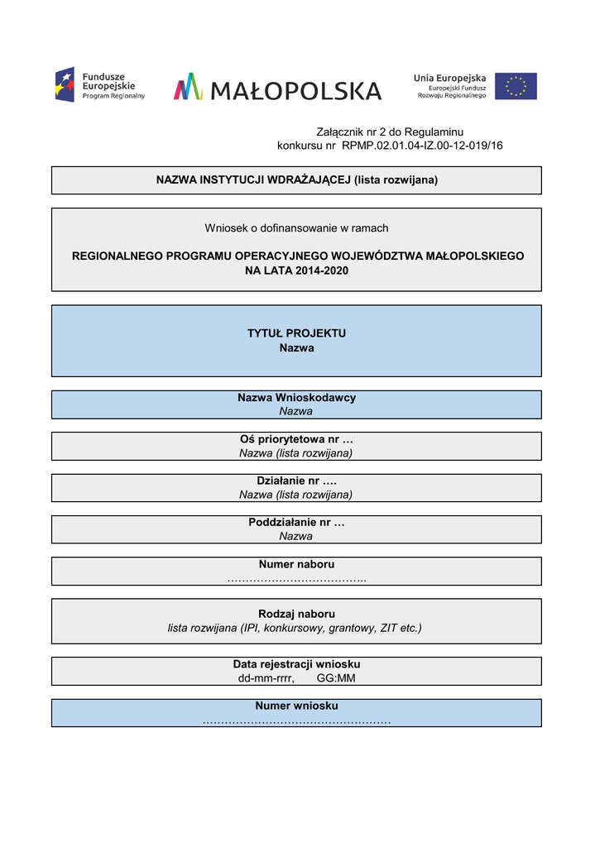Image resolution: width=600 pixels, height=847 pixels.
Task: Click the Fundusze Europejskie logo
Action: coord(99,85)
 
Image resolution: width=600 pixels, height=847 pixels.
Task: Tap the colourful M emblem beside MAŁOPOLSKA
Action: coord(188,87)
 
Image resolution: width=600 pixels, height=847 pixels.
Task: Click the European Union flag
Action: coord(516,86)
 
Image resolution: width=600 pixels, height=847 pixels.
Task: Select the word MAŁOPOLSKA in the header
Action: coord(295,90)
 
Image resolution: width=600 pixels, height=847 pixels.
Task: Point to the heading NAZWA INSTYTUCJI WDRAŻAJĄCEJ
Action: coord(253,179)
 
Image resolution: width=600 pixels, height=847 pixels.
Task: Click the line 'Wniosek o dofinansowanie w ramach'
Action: coord(296,228)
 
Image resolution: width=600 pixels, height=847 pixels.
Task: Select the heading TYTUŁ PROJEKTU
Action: coord(296,333)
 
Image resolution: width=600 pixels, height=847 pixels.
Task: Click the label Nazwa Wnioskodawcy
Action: coord(296,398)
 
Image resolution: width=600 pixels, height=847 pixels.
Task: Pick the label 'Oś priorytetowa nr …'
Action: coord(296,439)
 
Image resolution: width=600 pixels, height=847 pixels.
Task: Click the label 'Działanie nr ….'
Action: coord(296,481)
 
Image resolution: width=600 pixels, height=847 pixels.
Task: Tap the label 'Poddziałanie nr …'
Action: coord(296,523)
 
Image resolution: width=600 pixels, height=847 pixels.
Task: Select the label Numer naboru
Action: coord(296,564)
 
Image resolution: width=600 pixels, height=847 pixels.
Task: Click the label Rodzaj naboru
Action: coord(296,614)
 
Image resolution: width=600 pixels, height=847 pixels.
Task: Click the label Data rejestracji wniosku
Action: coord(296,664)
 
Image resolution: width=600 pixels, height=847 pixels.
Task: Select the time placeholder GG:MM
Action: coord(336,678)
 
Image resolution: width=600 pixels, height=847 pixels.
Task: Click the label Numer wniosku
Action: coord(296,706)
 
